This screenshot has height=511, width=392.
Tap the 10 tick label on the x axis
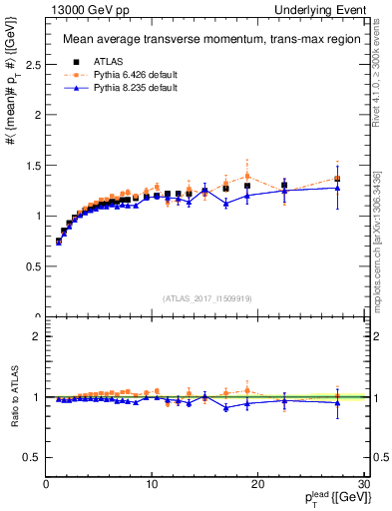[x=151, y=484]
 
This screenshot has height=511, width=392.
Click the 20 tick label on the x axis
[x=256, y=484]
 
